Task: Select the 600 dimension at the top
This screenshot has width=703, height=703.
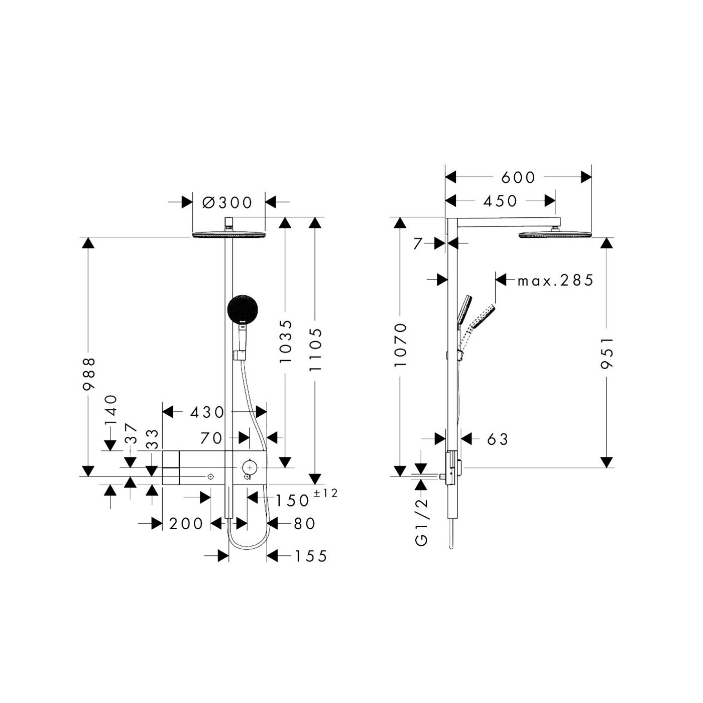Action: [x=518, y=178]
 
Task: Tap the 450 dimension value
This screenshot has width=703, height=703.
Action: [x=500, y=201]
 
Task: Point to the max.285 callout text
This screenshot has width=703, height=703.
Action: [x=555, y=280]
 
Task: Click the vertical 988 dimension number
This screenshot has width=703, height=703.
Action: [x=89, y=374]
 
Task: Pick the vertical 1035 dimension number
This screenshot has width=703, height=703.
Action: [x=286, y=341]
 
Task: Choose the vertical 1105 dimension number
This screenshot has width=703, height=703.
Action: [x=315, y=350]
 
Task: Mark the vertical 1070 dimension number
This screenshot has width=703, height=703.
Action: [x=401, y=345]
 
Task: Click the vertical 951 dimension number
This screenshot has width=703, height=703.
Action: [x=607, y=354]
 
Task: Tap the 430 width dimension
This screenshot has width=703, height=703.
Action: [x=207, y=413]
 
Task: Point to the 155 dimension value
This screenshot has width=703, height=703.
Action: [x=310, y=557]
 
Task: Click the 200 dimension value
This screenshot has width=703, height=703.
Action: [x=186, y=524]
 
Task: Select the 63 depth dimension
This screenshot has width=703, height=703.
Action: [x=497, y=439]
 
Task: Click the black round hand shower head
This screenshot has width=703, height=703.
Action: [x=243, y=310]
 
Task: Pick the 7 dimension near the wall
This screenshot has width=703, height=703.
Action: [x=418, y=244]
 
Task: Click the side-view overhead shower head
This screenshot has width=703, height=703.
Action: [x=555, y=234]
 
